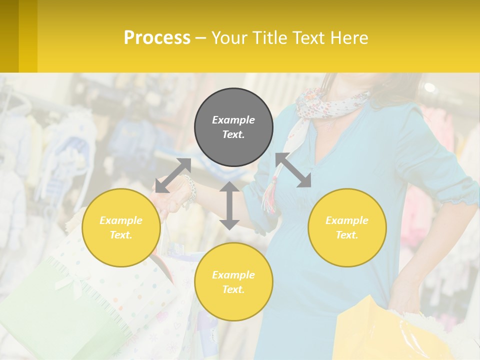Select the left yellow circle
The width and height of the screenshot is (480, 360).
(121, 227)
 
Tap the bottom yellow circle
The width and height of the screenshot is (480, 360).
(233, 281)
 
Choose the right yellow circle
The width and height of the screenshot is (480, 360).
(346, 227)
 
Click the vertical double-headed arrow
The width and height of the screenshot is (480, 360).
(229, 205)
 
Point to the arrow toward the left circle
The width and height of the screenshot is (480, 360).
(173, 175)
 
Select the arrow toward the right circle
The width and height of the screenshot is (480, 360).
(293, 170)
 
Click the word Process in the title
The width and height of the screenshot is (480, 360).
(157, 37)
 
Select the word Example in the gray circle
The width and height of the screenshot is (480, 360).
(233, 120)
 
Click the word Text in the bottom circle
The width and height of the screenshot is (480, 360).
(233, 289)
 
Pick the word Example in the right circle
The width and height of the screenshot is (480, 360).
(346, 220)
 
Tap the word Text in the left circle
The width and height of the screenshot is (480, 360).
(120, 235)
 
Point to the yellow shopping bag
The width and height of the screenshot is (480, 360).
(380, 330)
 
